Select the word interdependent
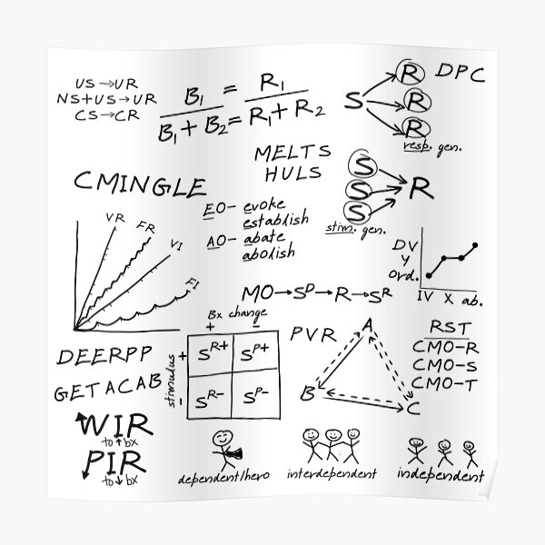[x=337, y=474]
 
